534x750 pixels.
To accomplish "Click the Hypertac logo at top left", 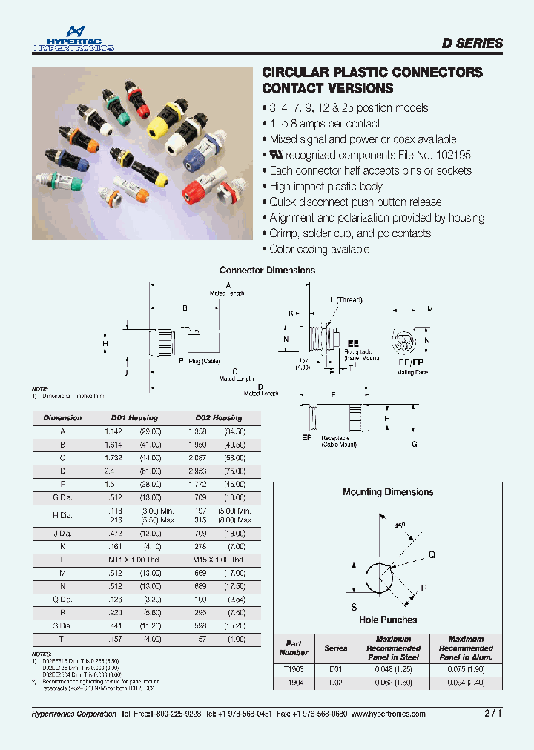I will click(73, 40).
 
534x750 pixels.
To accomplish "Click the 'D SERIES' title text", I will click(472, 44).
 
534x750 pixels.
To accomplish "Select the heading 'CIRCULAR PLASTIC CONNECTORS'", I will click(373, 73).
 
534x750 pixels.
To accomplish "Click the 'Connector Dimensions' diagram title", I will click(267, 271).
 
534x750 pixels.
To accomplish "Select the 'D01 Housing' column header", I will click(134, 418).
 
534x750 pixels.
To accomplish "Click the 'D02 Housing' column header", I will click(218, 418).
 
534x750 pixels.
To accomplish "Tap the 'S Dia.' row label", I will click(62, 626).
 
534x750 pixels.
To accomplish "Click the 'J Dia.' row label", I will click(62, 533).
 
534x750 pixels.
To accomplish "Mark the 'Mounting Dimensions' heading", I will click(388, 492).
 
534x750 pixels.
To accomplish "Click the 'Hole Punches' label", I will click(388, 620).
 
